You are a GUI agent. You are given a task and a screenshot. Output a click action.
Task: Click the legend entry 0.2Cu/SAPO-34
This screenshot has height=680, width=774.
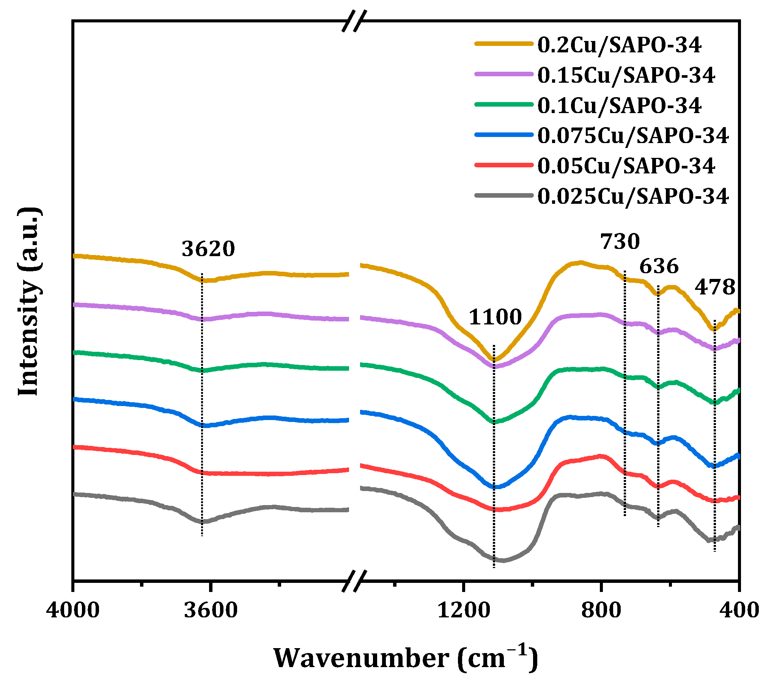(619, 45)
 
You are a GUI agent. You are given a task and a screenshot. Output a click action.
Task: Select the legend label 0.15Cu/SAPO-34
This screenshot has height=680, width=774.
(626, 75)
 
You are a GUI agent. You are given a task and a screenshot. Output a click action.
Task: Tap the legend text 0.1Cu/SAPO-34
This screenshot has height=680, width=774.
(619, 105)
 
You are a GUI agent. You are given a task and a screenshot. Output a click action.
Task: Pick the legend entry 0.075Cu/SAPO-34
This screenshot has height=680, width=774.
(633, 136)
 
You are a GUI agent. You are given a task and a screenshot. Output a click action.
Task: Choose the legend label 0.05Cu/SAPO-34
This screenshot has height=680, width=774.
(626, 166)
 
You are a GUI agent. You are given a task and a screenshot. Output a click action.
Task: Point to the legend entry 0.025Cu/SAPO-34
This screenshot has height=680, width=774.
(633, 197)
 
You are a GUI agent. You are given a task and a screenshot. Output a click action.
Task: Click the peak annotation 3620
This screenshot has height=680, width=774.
(208, 249)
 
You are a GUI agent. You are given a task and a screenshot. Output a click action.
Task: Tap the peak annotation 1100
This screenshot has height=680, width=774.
(495, 317)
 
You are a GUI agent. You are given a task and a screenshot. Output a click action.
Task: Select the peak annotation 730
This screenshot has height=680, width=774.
(620, 242)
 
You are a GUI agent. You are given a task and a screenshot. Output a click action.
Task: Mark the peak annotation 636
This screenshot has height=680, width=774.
(659, 266)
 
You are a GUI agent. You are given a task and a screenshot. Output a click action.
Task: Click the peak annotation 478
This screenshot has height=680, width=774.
(715, 287)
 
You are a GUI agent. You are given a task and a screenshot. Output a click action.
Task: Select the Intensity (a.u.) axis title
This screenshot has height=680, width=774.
(29, 302)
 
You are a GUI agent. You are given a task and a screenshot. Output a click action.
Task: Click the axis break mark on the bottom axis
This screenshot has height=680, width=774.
(354, 581)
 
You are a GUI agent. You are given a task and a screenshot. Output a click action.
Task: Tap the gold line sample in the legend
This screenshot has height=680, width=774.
(503, 44)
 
